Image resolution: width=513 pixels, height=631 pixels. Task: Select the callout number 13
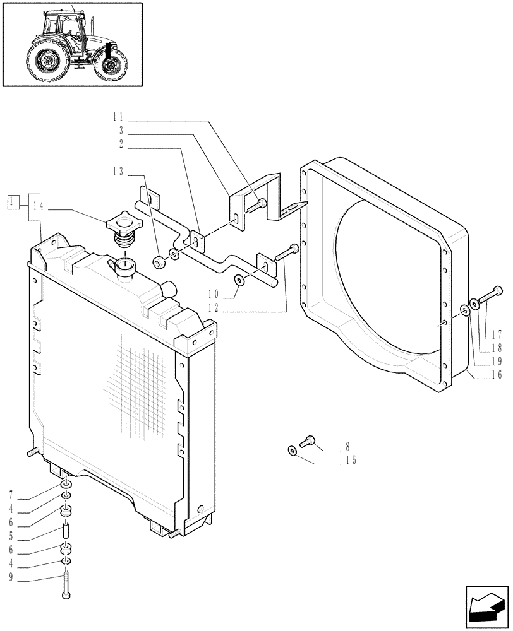[118, 172]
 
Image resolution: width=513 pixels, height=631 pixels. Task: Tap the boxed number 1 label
[11, 202]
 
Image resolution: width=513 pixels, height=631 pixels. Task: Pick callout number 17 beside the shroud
[496, 335]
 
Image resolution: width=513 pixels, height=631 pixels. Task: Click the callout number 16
[496, 375]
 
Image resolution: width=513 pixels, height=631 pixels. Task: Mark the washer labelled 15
[291, 450]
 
